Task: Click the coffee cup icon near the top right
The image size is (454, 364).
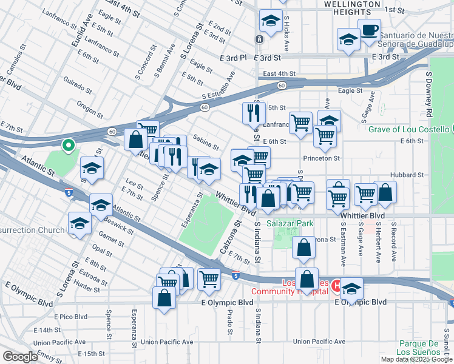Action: pos(369,29)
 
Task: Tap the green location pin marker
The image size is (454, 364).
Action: pos(69,145)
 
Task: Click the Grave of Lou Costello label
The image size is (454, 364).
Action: pos(408,129)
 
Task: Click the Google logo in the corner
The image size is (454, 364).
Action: pos(20,357)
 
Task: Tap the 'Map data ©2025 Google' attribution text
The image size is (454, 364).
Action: pos(416,359)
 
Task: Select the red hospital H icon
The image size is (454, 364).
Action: pos(335,283)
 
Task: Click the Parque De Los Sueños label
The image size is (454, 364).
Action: pos(418,348)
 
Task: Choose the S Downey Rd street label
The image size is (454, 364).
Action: pos(428,94)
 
